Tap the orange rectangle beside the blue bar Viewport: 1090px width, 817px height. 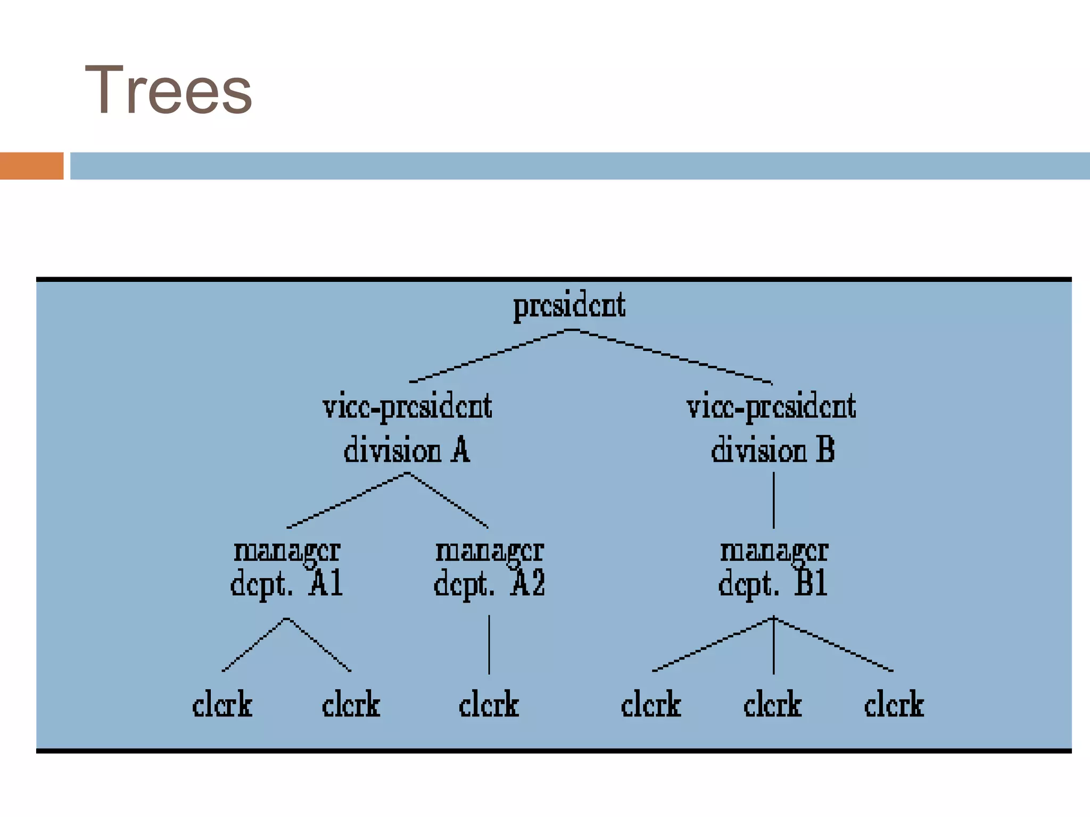click(x=31, y=166)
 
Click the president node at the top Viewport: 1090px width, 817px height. click(x=569, y=306)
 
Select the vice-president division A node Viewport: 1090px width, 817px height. click(x=407, y=428)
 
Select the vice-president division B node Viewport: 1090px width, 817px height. click(x=772, y=428)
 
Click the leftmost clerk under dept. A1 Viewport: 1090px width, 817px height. click(x=222, y=705)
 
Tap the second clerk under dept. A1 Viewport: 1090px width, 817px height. click(x=351, y=705)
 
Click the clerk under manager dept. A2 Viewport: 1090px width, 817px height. click(x=489, y=705)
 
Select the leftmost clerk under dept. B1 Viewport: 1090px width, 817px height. click(x=651, y=705)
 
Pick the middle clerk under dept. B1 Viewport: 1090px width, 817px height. click(x=773, y=705)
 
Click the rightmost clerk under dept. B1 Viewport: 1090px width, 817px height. click(x=894, y=705)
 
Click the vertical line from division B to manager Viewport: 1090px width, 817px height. click(x=773, y=500)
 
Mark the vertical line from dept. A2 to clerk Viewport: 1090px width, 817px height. click(x=489, y=645)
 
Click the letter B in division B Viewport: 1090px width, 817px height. click(x=825, y=449)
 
